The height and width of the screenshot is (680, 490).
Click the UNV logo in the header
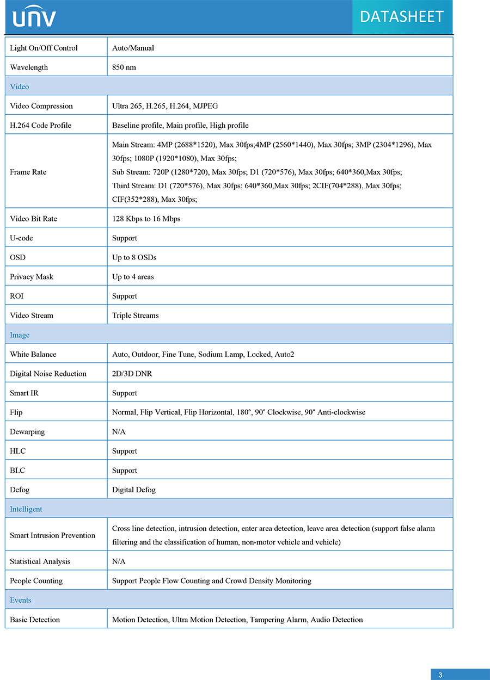tap(34, 17)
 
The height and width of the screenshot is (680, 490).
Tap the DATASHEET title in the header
tap(402, 17)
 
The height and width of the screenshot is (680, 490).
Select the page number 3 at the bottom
tap(440, 675)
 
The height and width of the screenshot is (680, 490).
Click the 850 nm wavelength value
tap(124, 67)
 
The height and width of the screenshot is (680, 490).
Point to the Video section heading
tap(20, 86)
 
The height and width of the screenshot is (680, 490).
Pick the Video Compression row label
tap(41, 106)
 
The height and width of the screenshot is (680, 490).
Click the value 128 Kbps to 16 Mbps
tap(146, 219)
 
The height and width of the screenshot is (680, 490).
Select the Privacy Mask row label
tap(32, 277)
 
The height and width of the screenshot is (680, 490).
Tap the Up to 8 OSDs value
tap(134, 257)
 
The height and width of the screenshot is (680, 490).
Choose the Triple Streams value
tap(136, 316)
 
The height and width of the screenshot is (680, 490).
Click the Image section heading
tap(20, 335)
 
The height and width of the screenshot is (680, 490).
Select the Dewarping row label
tap(27, 432)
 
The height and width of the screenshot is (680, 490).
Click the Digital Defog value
tap(134, 490)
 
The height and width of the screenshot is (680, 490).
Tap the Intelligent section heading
tap(26, 509)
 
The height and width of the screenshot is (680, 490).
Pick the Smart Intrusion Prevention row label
tap(52, 535)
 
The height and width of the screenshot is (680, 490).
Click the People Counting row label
tap(36, 581)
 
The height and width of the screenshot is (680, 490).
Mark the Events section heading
tap(21, 600)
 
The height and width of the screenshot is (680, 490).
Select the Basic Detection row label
tap(35, 620)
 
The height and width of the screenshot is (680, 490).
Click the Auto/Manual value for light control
tap(133, 48)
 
